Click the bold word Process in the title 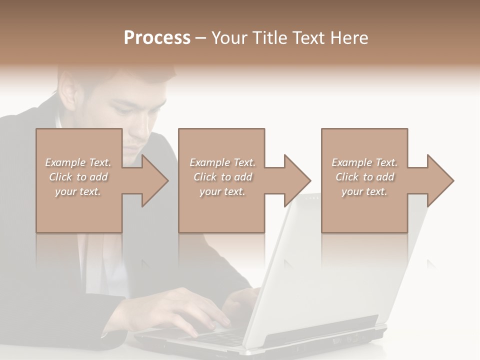click(157, 38)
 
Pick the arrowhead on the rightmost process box click(439, 180)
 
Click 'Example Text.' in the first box click(78, 162)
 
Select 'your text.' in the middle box click(222, 191)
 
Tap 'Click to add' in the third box click(364, 177)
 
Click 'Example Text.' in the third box click(364, 162)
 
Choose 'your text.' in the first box click(78, 191)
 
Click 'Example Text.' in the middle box click(222, 162)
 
